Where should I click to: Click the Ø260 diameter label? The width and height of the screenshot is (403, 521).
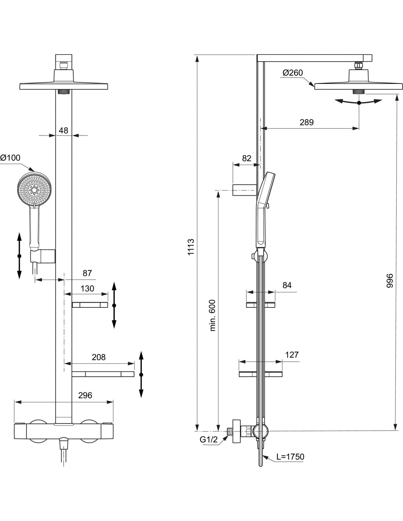pos(292,73)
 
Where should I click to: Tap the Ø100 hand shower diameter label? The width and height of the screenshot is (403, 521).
pos(10,158)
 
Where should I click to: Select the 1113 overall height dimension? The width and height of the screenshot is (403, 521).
pos(191,247)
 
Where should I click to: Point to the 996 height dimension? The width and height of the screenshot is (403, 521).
pos(389,281)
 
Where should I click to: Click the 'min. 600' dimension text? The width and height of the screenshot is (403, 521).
pos(212,315)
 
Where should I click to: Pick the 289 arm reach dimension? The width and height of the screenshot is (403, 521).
pos(307,122)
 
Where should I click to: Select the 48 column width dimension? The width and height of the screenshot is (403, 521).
pos(63,130)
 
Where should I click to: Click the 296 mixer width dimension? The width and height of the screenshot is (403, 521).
pos(85,395)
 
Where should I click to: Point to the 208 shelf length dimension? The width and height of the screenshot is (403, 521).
pos(99,357)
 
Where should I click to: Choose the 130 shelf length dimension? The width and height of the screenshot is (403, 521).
pos(87,288)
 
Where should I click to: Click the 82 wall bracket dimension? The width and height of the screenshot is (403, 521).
pos(247,158)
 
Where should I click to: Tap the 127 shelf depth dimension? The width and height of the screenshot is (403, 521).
pos(292,355)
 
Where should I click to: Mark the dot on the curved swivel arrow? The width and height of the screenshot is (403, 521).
pos(359,103)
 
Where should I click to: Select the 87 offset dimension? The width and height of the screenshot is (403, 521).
pos(87,273)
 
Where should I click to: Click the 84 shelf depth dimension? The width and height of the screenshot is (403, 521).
pos(287,285)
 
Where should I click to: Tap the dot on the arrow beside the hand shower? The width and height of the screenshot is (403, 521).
pos(19,256)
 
